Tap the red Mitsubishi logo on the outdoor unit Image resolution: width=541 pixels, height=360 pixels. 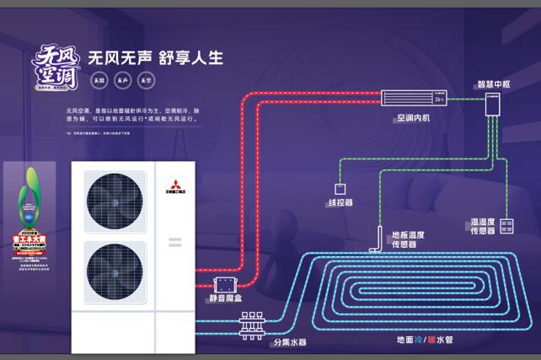174,185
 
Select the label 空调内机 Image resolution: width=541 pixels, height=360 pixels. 413,117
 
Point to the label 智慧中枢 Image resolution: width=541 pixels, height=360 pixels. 493,84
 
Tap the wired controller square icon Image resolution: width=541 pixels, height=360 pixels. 340,188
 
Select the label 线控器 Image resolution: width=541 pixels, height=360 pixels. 340,203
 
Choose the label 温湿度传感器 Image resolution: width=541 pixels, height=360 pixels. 483,226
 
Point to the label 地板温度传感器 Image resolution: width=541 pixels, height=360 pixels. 408,239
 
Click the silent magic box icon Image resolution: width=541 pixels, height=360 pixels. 225,285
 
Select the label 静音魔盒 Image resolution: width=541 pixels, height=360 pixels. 225,302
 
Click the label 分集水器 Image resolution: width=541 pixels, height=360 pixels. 289,343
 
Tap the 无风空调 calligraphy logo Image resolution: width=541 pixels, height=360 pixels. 56,68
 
